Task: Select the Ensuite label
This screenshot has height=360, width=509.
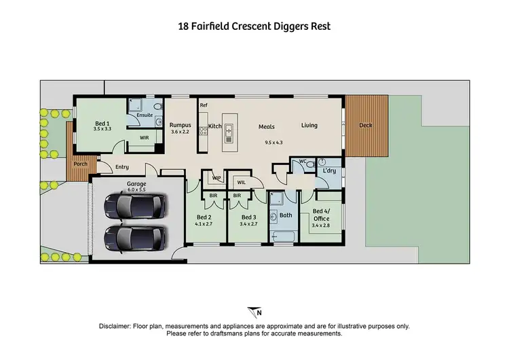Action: pos(145,115)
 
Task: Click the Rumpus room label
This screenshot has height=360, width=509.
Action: pos(181,126)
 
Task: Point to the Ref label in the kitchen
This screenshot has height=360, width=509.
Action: pos(203,105)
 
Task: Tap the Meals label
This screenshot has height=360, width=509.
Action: pos(266,126)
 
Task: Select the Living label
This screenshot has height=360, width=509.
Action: pos(309,126)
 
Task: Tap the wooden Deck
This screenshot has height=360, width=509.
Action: pos(366,126)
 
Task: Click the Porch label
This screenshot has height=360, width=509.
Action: pos(80,164)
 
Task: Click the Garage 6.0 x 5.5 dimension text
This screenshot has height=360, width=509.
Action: pos(136,190)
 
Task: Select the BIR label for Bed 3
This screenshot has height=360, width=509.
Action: pos(238,196)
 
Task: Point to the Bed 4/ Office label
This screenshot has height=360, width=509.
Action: pos(320,215)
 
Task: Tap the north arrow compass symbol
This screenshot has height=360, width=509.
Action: pos(255,312)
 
